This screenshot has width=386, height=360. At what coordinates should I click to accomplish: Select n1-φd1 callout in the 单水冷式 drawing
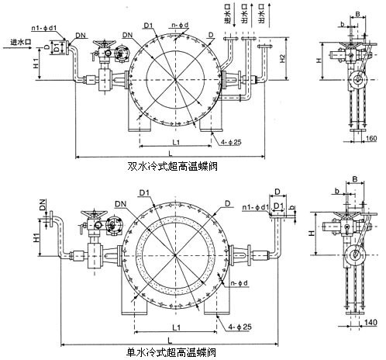pyautogui.click(x=254, y=207)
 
